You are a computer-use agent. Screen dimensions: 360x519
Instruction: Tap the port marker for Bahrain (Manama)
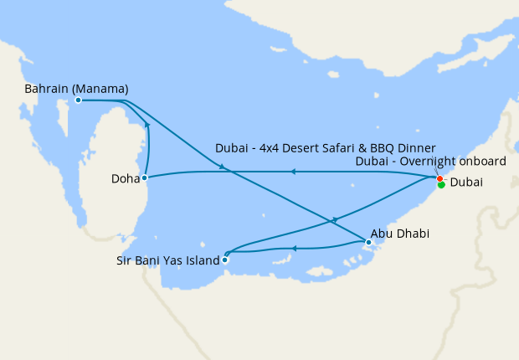[x=78, y=100]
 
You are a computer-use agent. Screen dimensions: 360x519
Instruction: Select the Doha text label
[x=125, y=179]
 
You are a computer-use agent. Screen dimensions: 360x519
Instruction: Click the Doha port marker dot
[x=145, y=177]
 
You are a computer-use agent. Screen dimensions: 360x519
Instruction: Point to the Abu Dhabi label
[x=400, y=235]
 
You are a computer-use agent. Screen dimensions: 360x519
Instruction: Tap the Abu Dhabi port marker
[x=368, y=242]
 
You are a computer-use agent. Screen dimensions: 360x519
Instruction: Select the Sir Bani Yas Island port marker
[x=224, y=260]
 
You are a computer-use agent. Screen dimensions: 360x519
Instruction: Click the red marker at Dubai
[x=439, y=178]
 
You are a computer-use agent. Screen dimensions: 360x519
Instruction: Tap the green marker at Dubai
[x=441, y=185]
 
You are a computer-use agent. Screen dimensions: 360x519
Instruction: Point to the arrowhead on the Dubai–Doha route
[x=292, y=172]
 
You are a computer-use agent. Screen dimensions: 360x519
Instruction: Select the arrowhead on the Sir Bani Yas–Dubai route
[x=335, y=219]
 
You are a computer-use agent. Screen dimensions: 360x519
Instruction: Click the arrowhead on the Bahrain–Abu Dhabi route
[x=224, y=168]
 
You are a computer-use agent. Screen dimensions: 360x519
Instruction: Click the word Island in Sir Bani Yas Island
[x=202, y=260]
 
